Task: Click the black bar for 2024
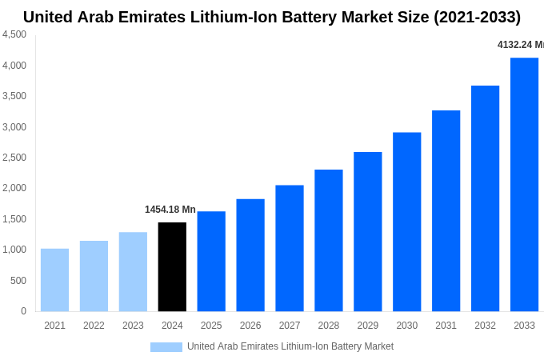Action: point(172,266)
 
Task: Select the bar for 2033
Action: point(524,184)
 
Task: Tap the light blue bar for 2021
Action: point(54,280)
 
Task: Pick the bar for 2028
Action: point(329,240)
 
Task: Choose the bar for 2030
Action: point(406,222)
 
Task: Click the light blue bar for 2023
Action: point(133,272)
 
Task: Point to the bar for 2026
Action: point(250,255)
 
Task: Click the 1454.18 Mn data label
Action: point(170,210)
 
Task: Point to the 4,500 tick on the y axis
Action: point(14,34)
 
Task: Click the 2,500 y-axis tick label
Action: point(14,158)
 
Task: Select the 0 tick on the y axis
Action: point(23,311)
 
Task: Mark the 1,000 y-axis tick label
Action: point(14,250)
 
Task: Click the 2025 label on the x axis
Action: point(211,326)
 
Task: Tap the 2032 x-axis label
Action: point(485,326)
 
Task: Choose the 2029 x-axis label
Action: point(368,326)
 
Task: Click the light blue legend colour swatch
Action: point(166,347)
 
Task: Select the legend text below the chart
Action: point(290,346)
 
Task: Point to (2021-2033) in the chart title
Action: point(477,17)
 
